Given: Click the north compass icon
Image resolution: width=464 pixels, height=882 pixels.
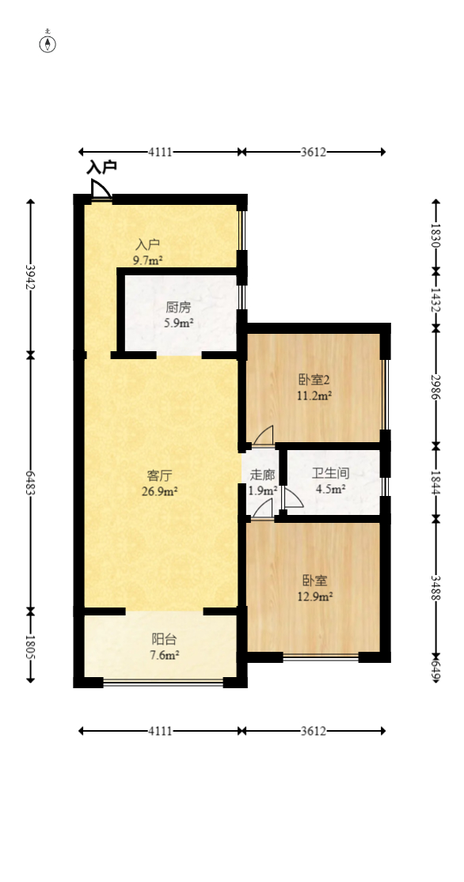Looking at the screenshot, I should pos(48,43).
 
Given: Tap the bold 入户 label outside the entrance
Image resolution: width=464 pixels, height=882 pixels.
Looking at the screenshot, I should pos(102,168).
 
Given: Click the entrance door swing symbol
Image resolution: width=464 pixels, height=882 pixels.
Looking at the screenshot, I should pos(101,191).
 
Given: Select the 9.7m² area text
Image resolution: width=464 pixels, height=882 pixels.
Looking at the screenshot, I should pos(148,259).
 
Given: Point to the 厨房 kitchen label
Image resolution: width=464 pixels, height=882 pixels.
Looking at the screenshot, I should pos(179,308).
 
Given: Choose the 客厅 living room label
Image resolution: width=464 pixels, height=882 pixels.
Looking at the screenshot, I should pos(160,475).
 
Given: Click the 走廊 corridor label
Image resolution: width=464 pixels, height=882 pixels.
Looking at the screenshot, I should pos(262,475).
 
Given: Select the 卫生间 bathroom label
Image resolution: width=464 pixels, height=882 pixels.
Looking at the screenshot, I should pos(330,474).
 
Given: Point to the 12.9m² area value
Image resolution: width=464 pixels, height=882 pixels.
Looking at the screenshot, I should pos(316,596).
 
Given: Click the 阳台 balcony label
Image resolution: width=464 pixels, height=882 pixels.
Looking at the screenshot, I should pos(165,639).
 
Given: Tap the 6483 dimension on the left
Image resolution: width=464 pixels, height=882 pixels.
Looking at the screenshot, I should pos(30,484).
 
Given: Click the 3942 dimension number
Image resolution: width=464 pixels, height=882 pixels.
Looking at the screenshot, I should pos(30,276).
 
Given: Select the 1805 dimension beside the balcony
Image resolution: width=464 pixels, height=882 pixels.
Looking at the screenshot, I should pos(30,647).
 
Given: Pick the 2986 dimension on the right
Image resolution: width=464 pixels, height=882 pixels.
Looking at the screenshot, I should pos(435,387).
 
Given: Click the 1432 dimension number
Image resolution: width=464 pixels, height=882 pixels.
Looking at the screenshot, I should pos(435,299).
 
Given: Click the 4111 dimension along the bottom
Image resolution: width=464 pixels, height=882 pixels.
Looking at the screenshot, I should pos(160,731).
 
